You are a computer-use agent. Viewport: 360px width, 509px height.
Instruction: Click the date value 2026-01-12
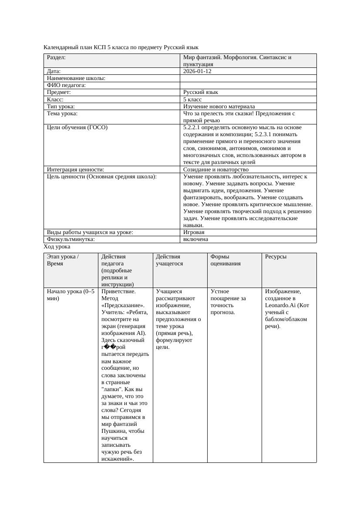[197, 71]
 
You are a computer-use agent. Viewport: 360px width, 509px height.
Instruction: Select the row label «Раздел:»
[56, 57]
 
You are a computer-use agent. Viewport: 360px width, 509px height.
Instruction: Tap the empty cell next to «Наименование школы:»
[248, 78]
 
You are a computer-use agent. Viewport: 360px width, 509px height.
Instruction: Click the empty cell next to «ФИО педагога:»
[248, 85]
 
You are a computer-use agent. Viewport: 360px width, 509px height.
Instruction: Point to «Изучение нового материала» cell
[219, 106]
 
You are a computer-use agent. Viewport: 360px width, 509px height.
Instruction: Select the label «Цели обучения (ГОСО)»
[77, 127]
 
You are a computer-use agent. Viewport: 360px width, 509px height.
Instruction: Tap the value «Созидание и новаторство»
[215, 170]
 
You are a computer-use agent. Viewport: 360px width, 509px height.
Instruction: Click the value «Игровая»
[194, 232]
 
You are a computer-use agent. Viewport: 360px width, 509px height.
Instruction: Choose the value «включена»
[195, 239]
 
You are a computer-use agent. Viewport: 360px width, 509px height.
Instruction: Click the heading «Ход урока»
[57, 247]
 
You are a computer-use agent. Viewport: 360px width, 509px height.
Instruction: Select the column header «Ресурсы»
[276, 257]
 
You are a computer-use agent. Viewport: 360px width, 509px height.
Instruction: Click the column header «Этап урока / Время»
[63, 260]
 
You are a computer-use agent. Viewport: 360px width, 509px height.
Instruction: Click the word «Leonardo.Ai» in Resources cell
[280, 305]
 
